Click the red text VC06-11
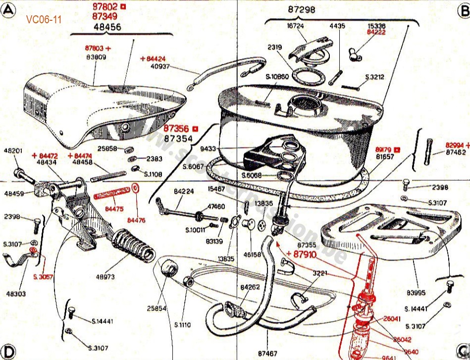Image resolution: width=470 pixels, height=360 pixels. (45, 19)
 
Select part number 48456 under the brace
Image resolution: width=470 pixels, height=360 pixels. (106, 27)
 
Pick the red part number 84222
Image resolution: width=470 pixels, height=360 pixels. (376, 32)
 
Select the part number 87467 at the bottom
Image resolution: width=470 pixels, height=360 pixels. (268, 353)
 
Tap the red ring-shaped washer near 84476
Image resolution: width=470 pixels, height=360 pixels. (136, 189)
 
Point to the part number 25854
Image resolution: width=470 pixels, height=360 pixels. (157, 308)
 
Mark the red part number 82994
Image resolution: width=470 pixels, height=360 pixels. (455, 145)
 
